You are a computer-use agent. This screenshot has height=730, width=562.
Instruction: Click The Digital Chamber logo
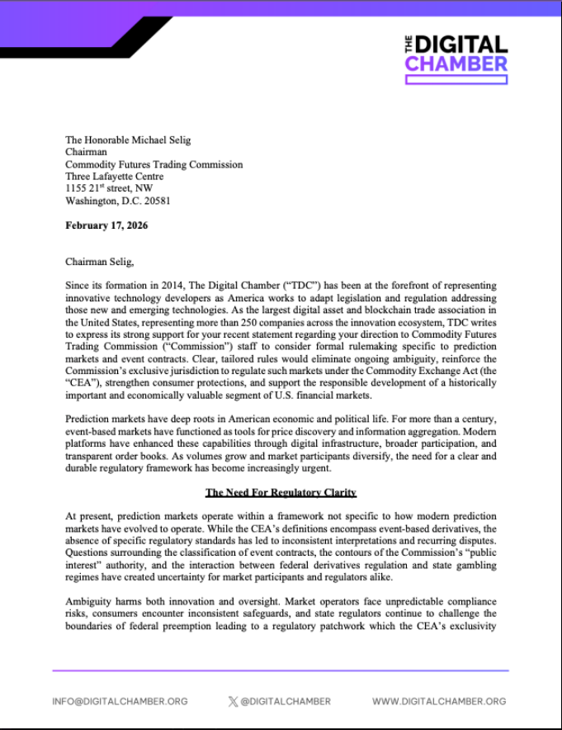pyautogui.click(x=456, y=59)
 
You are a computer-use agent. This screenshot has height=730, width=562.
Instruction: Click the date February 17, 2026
pyautogui.click(x=106, y=225)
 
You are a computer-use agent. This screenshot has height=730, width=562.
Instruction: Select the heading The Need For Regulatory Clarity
pyautogui.click(x=281, y=492)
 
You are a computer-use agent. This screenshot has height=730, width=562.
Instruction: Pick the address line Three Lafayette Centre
pyautogui.click(x=115, y=177)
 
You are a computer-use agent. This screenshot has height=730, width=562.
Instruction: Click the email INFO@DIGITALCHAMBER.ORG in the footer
pyautogui.click(x=120, y=701)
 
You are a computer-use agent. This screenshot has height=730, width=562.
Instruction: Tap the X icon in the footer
pyautogui.click(x=233, y=701)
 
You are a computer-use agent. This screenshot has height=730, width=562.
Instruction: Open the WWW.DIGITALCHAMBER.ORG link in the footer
pyautogui.click(x=439, y=701)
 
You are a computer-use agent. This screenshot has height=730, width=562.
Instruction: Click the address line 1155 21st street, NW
pyautogui.click(x=109, y=188)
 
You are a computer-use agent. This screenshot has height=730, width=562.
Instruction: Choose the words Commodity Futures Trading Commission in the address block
pyautogui.click(x=154, y=164)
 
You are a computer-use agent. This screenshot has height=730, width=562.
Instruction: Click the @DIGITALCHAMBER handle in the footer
pyautogui.click(x=286, y=701)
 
